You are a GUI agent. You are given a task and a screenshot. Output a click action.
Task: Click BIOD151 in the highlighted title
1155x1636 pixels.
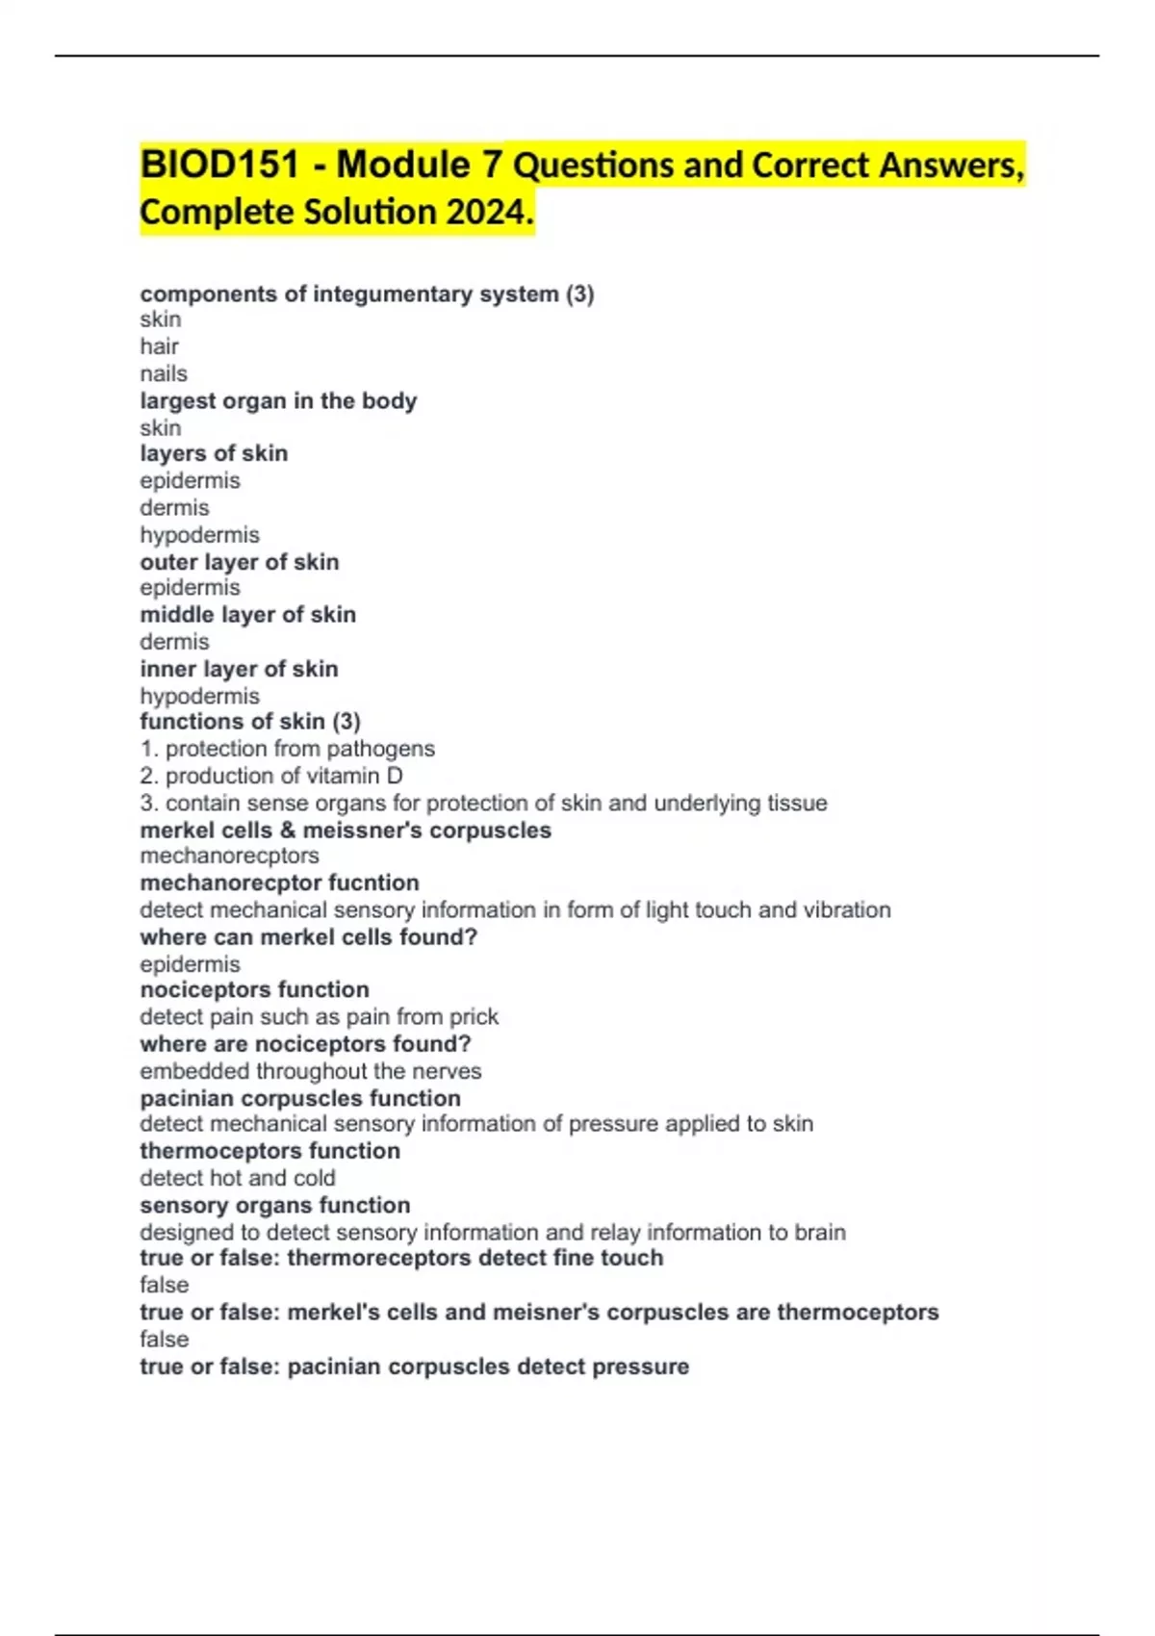pyautogui.click(x=219, y=165)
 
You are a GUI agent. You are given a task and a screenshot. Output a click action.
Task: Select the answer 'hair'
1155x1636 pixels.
pyautogui.click(x=159, y=346)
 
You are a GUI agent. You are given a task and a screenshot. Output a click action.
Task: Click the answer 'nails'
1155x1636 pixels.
pyautogui.click(x=164, y=373)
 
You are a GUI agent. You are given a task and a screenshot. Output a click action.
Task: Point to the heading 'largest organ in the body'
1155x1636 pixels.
pyautogui.click(x=278, y=400)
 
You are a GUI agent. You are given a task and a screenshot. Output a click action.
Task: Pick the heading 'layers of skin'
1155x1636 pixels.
pyautogui.click(x=214, y=453)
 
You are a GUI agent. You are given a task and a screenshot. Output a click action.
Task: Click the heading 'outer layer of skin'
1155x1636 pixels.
pyautogui.click(x=240, y=562)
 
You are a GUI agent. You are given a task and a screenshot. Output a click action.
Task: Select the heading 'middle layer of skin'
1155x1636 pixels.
pyautogui.click(x=248, y=614)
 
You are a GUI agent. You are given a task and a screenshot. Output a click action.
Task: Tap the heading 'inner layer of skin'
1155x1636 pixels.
pyautogui.click(x=239, y=669)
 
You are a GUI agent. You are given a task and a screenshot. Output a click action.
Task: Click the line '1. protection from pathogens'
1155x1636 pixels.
pyautogui.click(x=287, y=749)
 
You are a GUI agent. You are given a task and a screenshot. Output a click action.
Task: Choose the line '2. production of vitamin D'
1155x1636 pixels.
pyautogui.click(x=271, y=776)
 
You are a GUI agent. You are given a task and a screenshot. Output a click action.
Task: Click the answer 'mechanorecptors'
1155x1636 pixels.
pyautogui.click(x=229, y=856)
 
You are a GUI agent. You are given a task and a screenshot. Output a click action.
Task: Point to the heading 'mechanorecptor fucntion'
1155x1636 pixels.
pyautogui.click(x=279, y=882)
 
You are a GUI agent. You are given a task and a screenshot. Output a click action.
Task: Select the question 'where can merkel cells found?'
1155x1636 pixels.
pyautogui.click(x=308, y=936)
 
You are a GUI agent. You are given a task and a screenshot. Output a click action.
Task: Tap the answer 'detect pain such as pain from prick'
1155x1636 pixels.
pyautogui.click(x=319, y=1016)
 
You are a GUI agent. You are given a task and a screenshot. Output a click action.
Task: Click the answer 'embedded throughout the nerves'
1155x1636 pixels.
pyautogui.click(x=310, y=1071)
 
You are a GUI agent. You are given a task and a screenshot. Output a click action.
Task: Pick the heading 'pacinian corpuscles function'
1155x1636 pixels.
pyautogui.click(x=300, y=1098)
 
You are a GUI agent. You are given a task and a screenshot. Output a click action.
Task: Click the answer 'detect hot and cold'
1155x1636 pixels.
pyautogui.click(x=238, y=1178)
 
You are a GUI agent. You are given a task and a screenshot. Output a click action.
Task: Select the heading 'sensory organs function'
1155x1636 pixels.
pyautogui.click(x=274, y=1205)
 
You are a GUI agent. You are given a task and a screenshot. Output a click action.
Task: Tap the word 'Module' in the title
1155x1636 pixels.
pyautogui.click(x=403, y=165)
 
